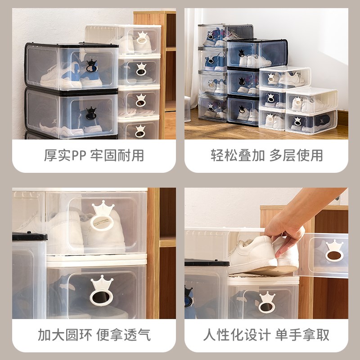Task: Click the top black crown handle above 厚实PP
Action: [x=91, y=66]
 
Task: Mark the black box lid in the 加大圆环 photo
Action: [x=29, y=236]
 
